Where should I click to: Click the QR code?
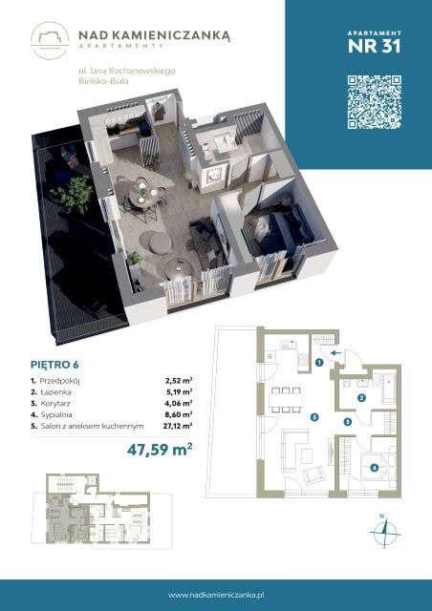point(375,102)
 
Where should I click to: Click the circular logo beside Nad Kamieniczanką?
point(50,41)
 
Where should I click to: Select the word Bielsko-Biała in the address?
point(103,81)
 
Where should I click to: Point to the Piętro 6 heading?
point(54,365)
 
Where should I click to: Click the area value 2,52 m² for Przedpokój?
point(179,381)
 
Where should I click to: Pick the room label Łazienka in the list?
point(55,392)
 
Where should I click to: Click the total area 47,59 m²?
point(160,450)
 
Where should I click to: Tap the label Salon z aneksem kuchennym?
point(92,426)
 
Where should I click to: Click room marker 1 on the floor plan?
point(319,363)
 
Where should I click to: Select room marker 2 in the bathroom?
point(361,398)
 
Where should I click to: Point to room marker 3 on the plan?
point(347,421)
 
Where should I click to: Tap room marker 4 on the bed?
point(375,467)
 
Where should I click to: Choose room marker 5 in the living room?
point(314,417)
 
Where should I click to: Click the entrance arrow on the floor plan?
point(335,353)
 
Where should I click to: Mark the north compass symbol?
point(385,532)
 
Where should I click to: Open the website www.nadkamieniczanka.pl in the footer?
point(216,595)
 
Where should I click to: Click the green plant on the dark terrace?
point(73,194)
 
